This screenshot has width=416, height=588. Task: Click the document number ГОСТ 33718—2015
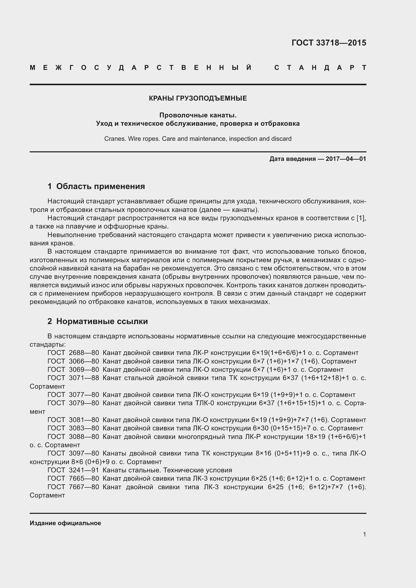pos(329,43)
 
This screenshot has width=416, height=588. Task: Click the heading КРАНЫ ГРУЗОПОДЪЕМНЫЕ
pos(198,98)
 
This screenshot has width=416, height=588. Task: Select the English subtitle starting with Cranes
pos(198,139)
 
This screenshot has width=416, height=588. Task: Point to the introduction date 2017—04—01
pos(346,159)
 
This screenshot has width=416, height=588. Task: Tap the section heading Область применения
pos(100,186)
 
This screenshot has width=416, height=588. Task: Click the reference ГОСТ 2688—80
pos(73,353)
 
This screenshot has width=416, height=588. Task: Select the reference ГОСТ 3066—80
pos(73,361)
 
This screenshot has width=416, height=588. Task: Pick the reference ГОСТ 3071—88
pos(73,378)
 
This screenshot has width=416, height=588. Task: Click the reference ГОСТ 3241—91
pos(73,470)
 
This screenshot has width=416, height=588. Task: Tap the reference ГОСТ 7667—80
pos(73,487)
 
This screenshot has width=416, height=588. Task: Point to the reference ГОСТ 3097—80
pos(73,453)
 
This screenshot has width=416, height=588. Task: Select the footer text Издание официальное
pos(65,523)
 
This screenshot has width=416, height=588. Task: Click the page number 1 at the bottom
pos(364,534)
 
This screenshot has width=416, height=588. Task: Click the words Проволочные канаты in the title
pos(198,115)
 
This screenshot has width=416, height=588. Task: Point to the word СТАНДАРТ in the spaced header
pos(320,68)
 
